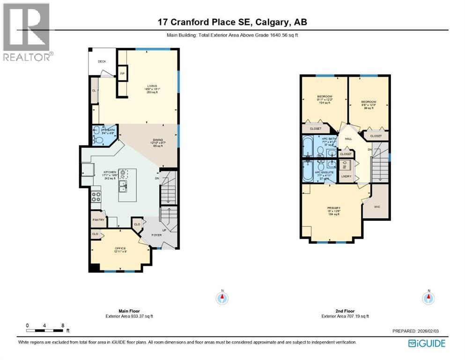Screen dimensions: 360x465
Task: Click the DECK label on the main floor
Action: coord(102,61)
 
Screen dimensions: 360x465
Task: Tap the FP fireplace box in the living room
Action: coord(123,74)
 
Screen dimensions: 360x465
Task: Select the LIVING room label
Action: coord(152,86)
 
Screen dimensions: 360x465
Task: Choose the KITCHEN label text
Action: coord(109,172)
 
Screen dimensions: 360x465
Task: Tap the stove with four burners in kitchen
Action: coord(96,196)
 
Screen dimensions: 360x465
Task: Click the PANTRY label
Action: coord(98,219)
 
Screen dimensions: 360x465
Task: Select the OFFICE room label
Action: coord(120,248)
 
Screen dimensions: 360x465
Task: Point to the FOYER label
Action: coord(156,235)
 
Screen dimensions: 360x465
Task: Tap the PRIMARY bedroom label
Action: coord(333,208)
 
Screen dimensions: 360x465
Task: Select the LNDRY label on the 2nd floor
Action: coord(346,176)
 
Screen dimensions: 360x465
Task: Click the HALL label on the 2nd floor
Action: coord(348,139)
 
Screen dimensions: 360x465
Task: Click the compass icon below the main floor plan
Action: coord(222,298)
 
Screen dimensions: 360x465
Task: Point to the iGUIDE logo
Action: coord(427,344)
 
